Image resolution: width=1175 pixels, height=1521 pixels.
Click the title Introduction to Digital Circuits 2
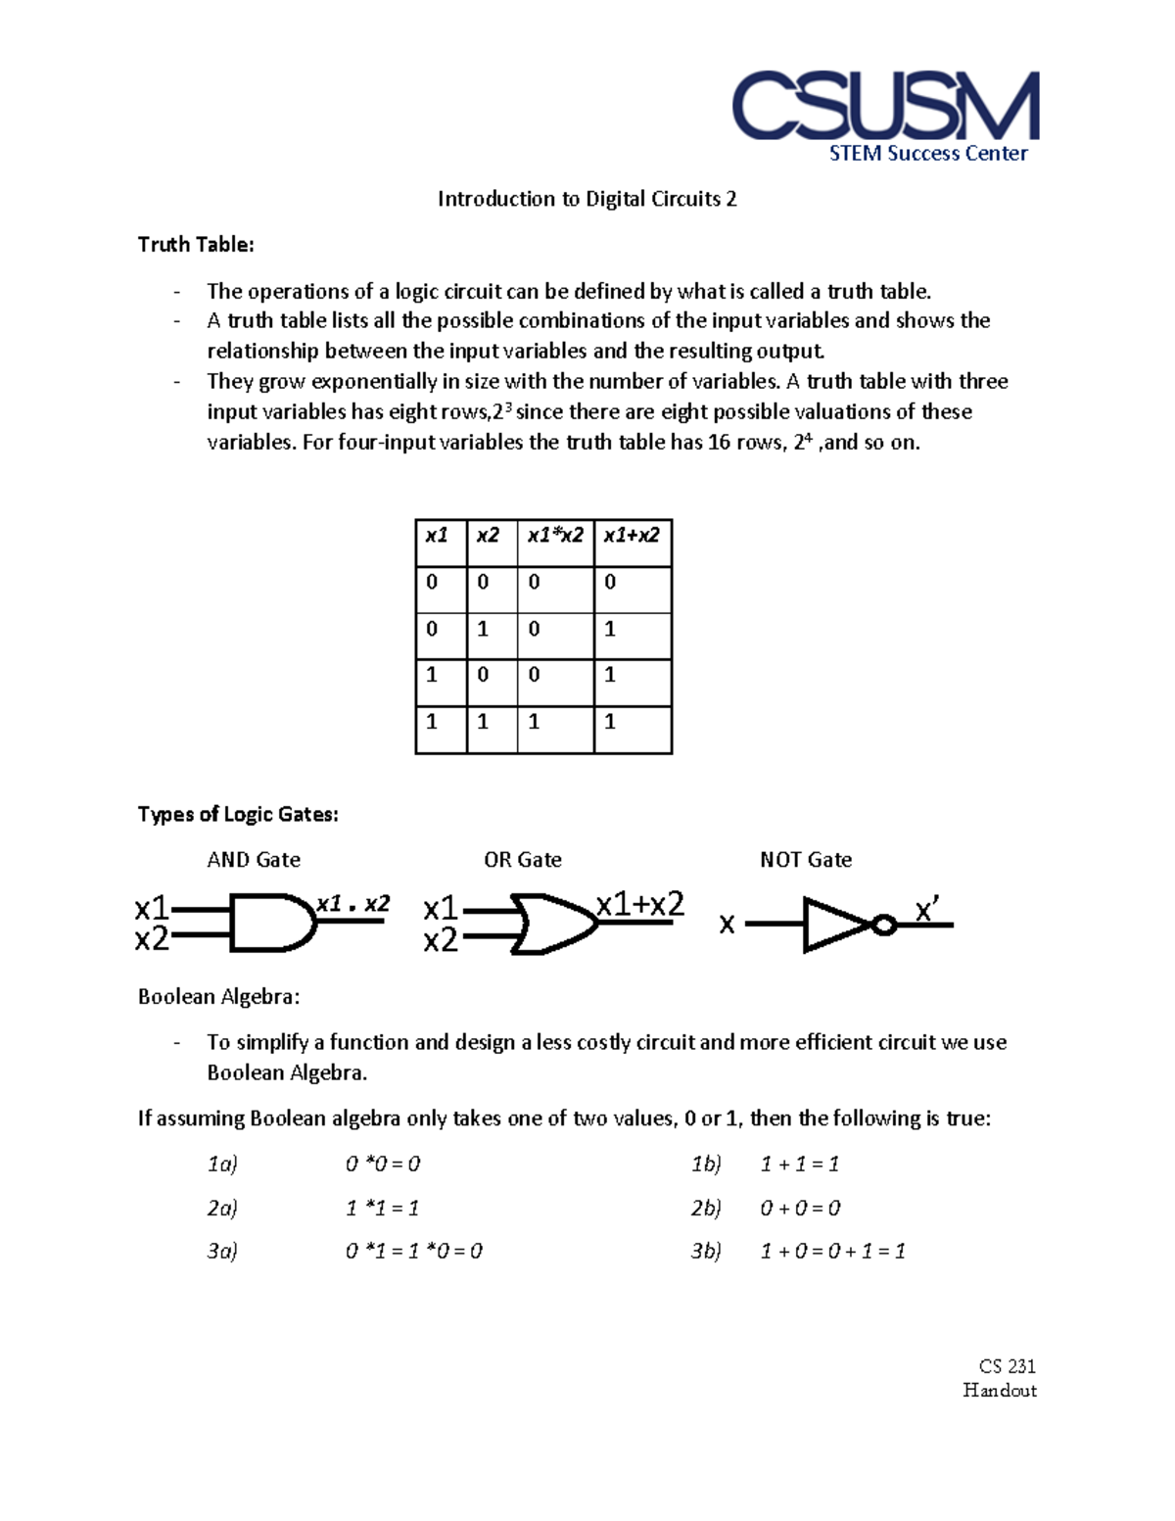click(587, 199)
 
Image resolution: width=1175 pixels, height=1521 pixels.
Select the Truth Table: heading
click(196, 245)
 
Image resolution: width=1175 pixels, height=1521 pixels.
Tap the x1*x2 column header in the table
click(555, 536)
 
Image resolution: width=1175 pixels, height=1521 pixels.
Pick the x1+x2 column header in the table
click(632, 536)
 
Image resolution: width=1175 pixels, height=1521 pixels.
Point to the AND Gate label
click(254, 860)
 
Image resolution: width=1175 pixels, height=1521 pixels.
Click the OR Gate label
click(523, 860)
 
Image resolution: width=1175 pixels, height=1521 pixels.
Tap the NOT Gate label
click(806, 860)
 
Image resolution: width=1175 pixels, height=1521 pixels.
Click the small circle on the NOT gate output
click(884, 925)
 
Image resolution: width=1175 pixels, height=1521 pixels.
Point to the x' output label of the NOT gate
click(926, 911)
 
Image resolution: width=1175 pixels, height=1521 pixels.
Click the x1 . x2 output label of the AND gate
click(352, 904)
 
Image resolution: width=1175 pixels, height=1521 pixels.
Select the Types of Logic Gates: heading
click(238, 815)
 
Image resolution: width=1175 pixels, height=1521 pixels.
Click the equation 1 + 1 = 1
click(800, 1165)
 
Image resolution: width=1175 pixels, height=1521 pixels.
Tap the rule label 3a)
click(222, 1251)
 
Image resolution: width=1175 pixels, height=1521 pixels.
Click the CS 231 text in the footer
click(1007, 1366)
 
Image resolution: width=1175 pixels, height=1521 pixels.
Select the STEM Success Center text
click(928, 154)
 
